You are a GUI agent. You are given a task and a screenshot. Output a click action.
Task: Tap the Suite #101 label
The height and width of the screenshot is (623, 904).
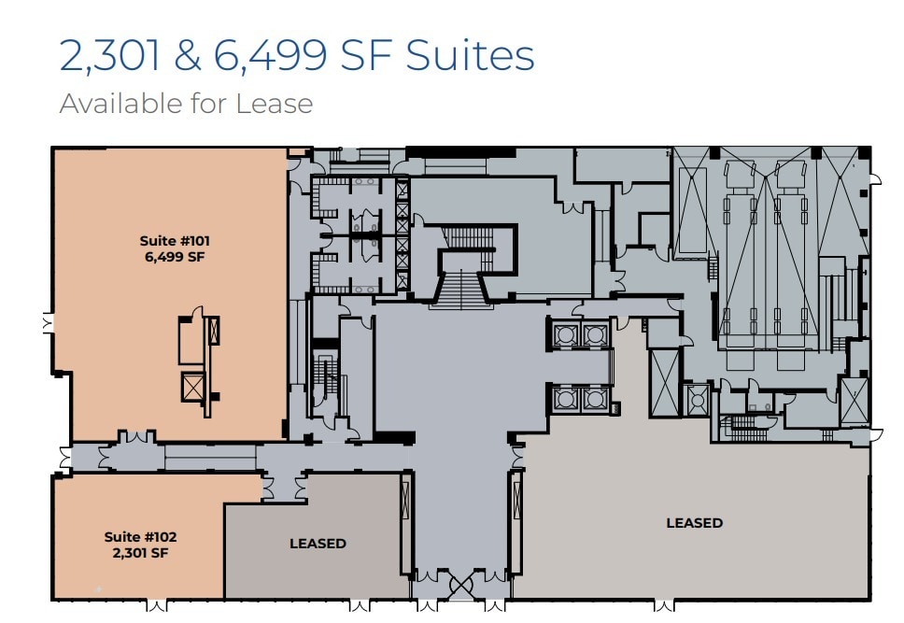click(168, 241)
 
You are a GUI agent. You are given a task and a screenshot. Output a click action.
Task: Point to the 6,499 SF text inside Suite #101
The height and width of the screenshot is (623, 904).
click(168, 257)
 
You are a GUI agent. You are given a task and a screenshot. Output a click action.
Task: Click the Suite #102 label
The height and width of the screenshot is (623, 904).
click(140, 537)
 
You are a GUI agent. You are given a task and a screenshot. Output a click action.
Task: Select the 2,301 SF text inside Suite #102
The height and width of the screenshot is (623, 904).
click(140, 552)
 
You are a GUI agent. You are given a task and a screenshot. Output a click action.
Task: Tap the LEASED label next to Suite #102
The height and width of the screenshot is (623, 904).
click(318, 544)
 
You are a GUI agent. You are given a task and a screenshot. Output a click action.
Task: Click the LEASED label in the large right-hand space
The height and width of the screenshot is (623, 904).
click(694, 523)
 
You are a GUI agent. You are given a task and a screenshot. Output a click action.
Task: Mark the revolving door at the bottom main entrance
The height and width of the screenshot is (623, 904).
click(461, 587)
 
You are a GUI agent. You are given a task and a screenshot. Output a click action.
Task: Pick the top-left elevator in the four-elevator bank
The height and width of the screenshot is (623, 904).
click(566, 335)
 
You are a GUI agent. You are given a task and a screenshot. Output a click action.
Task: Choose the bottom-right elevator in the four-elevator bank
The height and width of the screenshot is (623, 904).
click(594, 399)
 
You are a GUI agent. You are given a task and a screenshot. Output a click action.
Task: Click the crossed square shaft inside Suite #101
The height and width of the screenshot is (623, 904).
click(193, 386)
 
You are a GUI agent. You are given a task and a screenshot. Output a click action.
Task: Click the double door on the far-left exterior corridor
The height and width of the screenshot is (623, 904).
click(64, 458)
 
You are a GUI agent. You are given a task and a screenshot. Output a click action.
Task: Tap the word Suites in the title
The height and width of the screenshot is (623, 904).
click(469, 56)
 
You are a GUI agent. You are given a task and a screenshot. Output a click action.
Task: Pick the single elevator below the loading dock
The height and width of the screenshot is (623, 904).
click(696, 399)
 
